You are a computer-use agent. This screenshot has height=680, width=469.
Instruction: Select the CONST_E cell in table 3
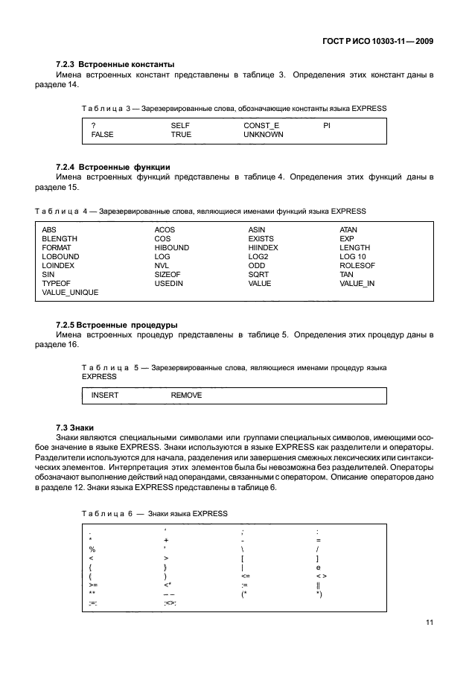[x=261, y=126]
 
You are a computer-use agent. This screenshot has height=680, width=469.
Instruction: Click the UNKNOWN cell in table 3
[x=264, y=135]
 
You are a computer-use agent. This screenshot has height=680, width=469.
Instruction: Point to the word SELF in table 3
[x=180, y=126]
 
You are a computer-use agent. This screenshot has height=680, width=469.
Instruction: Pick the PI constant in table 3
[x=326, y=126]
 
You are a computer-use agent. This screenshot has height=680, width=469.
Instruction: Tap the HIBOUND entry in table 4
[x=171, y=247]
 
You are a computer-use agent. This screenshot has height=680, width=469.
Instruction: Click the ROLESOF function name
[x=357, y=265]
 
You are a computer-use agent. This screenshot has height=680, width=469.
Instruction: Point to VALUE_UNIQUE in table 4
[x=70, y=292]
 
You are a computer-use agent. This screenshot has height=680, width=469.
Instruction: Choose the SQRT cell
[x=258, y=274]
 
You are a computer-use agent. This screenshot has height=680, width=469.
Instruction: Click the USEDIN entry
[x=168, y=283]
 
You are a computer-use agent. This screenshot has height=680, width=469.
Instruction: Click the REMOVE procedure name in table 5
[x=186, y=395]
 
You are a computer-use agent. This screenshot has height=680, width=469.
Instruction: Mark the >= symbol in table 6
[x=93, y=585]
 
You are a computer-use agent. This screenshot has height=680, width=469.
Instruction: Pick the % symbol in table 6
[x=92, y=549]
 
